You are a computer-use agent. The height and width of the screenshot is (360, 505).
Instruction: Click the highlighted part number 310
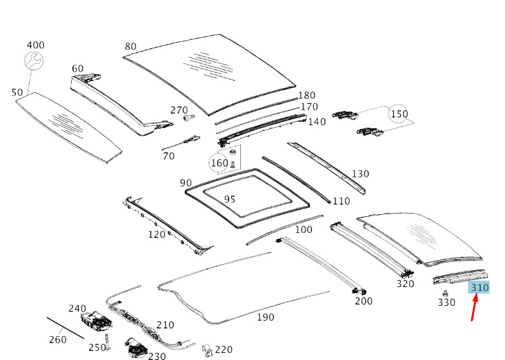point(479,287)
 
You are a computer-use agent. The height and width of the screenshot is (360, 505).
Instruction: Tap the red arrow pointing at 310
point(474,307)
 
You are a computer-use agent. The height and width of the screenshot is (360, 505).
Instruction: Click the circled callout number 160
point(220,163)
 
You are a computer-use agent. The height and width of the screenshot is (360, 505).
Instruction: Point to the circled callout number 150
point(398,114)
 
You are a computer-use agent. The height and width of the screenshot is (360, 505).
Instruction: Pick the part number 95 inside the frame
point(229,199)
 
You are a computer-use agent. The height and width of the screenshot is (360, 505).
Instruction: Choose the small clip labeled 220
point(206,350)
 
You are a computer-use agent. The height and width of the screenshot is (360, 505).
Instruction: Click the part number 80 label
point(130,46)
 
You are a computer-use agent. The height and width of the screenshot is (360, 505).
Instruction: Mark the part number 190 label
point(265,317)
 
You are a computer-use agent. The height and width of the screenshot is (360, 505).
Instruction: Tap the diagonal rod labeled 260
point(65,327)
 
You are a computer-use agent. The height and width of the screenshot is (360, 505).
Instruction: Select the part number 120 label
point(157,234)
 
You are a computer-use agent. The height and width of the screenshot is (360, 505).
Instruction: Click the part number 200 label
point(364,301)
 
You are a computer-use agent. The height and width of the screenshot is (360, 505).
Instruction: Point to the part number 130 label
point(360,174)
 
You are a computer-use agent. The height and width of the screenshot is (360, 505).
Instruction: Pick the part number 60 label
point(77,68)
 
